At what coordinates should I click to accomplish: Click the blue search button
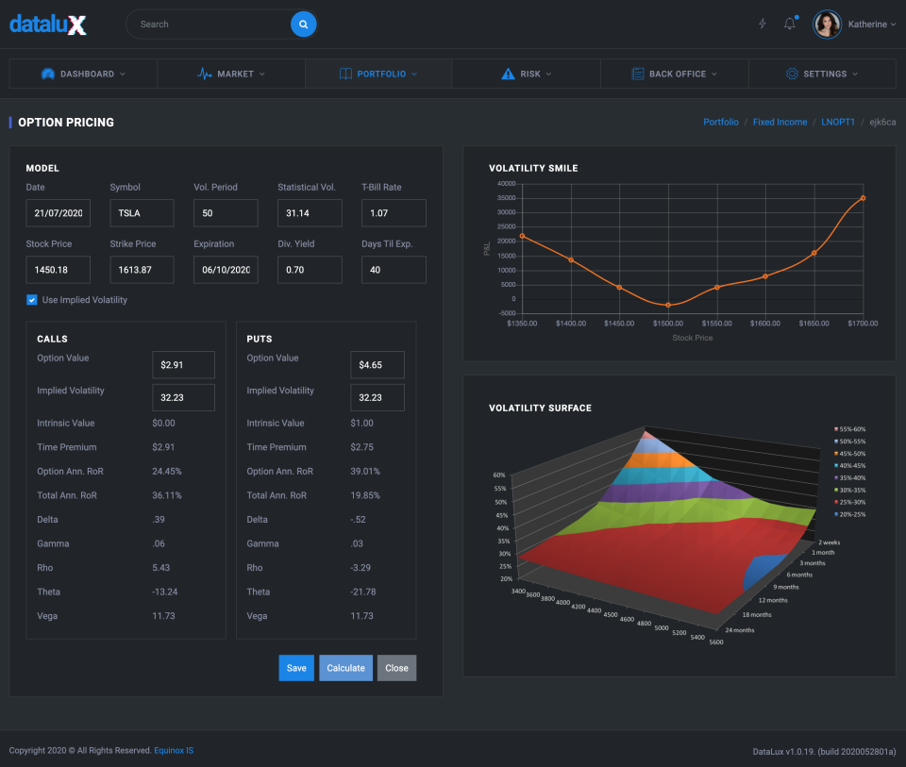(x=303, y=25)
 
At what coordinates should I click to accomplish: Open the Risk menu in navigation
(x=527, y=74)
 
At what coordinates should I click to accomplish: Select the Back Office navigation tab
(x=674, y=74)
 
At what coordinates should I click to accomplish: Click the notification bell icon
(x=790, y=25)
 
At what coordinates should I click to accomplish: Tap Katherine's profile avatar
(x=827, y=25)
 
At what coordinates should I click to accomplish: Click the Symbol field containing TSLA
(x=142, y=213)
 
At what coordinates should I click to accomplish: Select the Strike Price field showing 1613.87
(x=142, y=270)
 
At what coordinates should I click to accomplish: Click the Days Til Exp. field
(x=394, y=270)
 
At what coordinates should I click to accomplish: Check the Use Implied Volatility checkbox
(x=32, y=300)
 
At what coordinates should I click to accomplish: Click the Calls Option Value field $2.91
(x=183, y=365)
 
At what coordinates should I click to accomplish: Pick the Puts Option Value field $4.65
(x=377, y=365)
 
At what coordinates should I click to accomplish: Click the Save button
(x=296, y=668)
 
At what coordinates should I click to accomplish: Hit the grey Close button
(x=396, y=668)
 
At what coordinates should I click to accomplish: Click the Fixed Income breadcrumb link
(x=780, y=123)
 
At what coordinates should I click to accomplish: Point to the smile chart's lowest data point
(x=668, y=305)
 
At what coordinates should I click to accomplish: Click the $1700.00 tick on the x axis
(x=861, y=324)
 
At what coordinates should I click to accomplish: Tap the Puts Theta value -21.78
(x=362, y=592)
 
